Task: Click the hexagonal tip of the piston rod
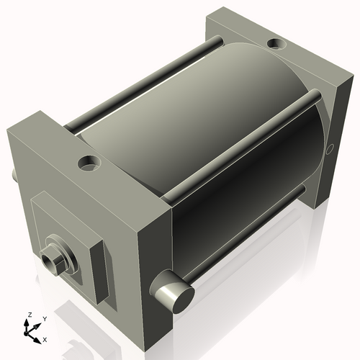click(x=52, y=257)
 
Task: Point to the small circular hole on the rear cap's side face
click(x=330, y=149)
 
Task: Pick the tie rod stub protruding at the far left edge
click(x=14, y=175)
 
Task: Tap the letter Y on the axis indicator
click(x=44, y=318)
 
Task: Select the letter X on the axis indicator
click(x=45, y=338)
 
